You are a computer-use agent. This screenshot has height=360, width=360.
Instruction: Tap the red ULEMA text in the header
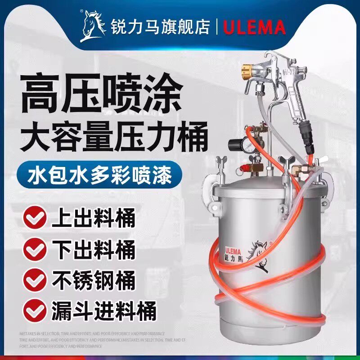tap(254, 27)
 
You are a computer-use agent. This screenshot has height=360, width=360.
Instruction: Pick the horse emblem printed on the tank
tap(257, 255)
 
